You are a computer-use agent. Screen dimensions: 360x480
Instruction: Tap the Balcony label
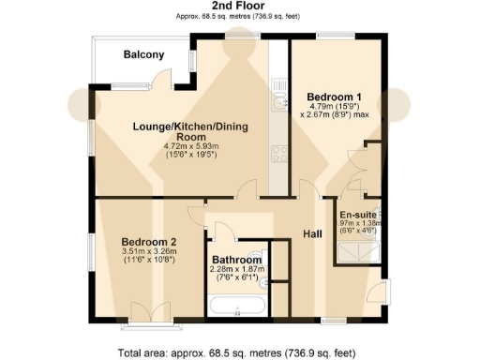point(144,54)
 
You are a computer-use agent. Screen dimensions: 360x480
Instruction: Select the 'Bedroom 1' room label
point(335,97)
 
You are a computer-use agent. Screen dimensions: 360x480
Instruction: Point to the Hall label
point(312,235)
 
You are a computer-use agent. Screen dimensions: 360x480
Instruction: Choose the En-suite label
point(357,214)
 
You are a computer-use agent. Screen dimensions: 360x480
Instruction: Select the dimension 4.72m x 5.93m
point(190,146)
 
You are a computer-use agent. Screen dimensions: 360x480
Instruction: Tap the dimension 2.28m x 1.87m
point(237,270)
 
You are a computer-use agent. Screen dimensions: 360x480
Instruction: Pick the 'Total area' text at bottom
point(239,352)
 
